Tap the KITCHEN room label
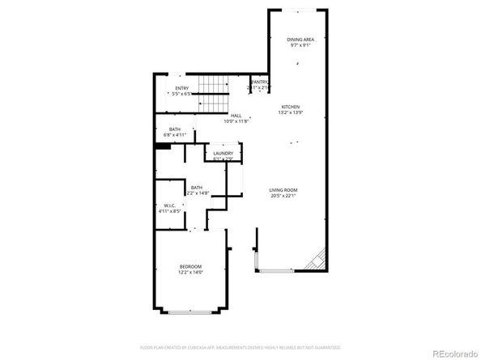tap(291, 107)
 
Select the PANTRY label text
tap(259, 82)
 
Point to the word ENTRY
tap(181, 88)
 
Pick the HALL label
tap(236, 116)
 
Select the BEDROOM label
tap(191, 267)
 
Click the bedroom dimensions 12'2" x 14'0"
tap(191, 273)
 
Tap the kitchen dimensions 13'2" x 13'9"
tap(291, 112)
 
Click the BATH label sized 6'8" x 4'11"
tap(175, 129)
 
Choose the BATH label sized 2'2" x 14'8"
tap(197, 187)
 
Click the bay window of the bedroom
tap(191, 311)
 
